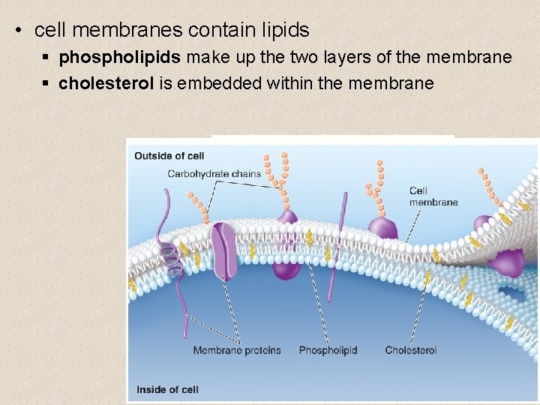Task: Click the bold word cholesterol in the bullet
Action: tap(106, 83)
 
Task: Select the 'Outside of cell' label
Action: tap(169, 156)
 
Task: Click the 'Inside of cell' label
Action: tap(167, 389)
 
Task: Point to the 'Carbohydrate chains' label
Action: tap(214, 174)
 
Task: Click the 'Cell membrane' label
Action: tap(433, 196)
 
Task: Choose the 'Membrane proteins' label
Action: tap(236, 350)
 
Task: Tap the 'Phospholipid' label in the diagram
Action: tap(328, 350)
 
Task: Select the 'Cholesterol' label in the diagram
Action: tap(411, 350)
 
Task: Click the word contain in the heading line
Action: tap(220, 30)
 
